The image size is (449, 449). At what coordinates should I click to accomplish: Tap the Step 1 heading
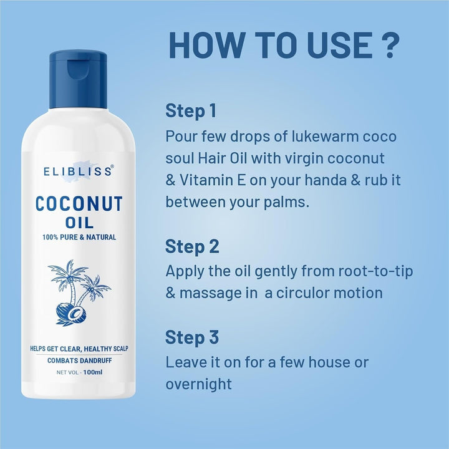tap(191, 111)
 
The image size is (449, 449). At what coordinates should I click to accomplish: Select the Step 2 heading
tap(192, 247)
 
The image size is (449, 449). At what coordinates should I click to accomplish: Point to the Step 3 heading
tap(192, 337)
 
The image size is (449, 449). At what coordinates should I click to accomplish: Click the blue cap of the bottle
tap(78, 79)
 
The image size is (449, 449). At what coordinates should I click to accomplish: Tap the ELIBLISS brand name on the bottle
tap(78, 171)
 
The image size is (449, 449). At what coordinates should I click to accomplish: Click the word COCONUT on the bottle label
tap(79, 203)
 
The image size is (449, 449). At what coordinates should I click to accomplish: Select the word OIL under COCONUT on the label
tap(79, 223)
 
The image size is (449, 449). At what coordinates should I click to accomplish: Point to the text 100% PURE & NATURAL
tap(79, 237)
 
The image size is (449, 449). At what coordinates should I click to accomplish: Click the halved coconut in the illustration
tap(77, 314)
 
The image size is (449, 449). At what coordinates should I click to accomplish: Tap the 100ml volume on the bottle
tap(93, 372)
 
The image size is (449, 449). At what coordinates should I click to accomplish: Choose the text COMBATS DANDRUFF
tap(80, 360)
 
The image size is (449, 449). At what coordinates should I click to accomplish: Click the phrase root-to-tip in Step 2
tap(375, 271)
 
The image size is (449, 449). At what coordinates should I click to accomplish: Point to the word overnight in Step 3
tap(198, 384)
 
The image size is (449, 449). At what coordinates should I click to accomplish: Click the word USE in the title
tap(340, 46)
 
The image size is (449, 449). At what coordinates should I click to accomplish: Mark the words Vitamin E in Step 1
tap(213, 180)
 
